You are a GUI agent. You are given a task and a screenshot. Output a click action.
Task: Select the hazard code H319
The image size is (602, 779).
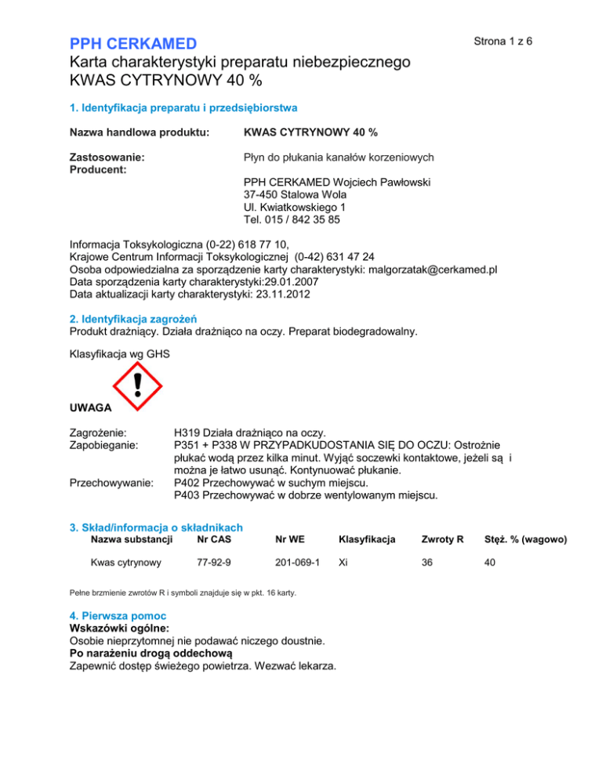click(x=187, y=433)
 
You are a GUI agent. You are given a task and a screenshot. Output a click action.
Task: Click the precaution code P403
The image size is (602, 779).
click(x=188, y=495)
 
